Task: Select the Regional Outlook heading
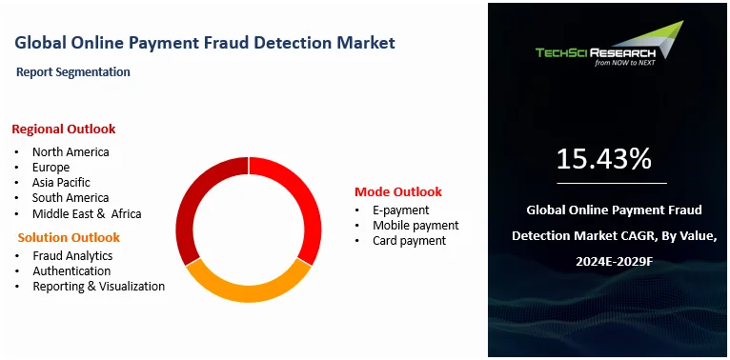point(64,129)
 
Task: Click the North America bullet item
point(71,151)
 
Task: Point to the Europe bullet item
point(51,167)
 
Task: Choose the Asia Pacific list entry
point(61,182)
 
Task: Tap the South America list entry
point(71,198)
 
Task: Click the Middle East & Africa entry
point(87,213)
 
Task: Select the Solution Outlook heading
point(69,237)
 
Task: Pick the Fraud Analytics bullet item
point(72,255)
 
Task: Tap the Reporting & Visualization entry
point(98,286)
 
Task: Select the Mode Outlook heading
point(398,191)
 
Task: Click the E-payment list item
point(400,210)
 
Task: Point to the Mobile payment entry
point(416,225)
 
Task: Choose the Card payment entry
point(409,240)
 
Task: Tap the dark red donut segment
point(197,199)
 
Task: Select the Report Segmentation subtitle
point(73,71)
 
